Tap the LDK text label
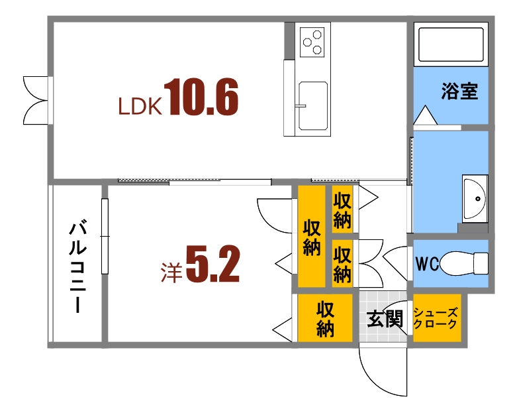pos(140,107)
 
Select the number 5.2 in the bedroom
pos(212,265)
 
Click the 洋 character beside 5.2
pos(171,272)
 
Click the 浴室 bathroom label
pos(460,91)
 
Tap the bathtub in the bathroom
pos(453,44)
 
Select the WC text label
pos(427,263)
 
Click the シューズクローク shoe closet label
pos(435,319)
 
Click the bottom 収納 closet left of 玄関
pos(324,319)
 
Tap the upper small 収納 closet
pos(342,209)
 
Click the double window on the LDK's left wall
pos(36,99)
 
